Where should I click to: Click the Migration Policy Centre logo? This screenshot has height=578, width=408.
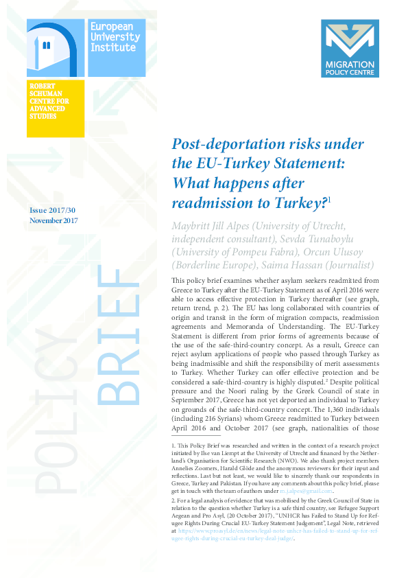coord(350,48)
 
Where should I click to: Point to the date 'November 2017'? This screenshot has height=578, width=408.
coord(53,220)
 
